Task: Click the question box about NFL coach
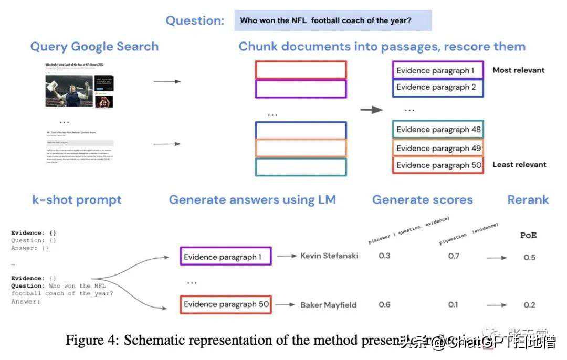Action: (333, 20)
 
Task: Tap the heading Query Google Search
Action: (94, 46)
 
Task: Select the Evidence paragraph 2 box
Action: (437, 87)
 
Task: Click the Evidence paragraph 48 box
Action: (437, 130)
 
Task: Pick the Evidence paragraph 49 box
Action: (437, 148)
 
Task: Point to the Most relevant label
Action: (518, 70)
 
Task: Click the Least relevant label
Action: (519, 164)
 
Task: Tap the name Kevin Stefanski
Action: (329, 256)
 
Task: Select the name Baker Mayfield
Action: (329, 304)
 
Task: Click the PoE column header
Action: (528, 235)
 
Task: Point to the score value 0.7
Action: (454, 256)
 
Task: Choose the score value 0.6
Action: (384, 304)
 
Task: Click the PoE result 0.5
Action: (529, 257)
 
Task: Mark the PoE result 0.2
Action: (529, 305)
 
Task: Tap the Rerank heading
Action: (528, 200)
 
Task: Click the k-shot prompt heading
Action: (77, 200)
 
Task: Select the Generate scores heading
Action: (422, 200)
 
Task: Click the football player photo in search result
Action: (68, 92)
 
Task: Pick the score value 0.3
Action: (384, 256)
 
